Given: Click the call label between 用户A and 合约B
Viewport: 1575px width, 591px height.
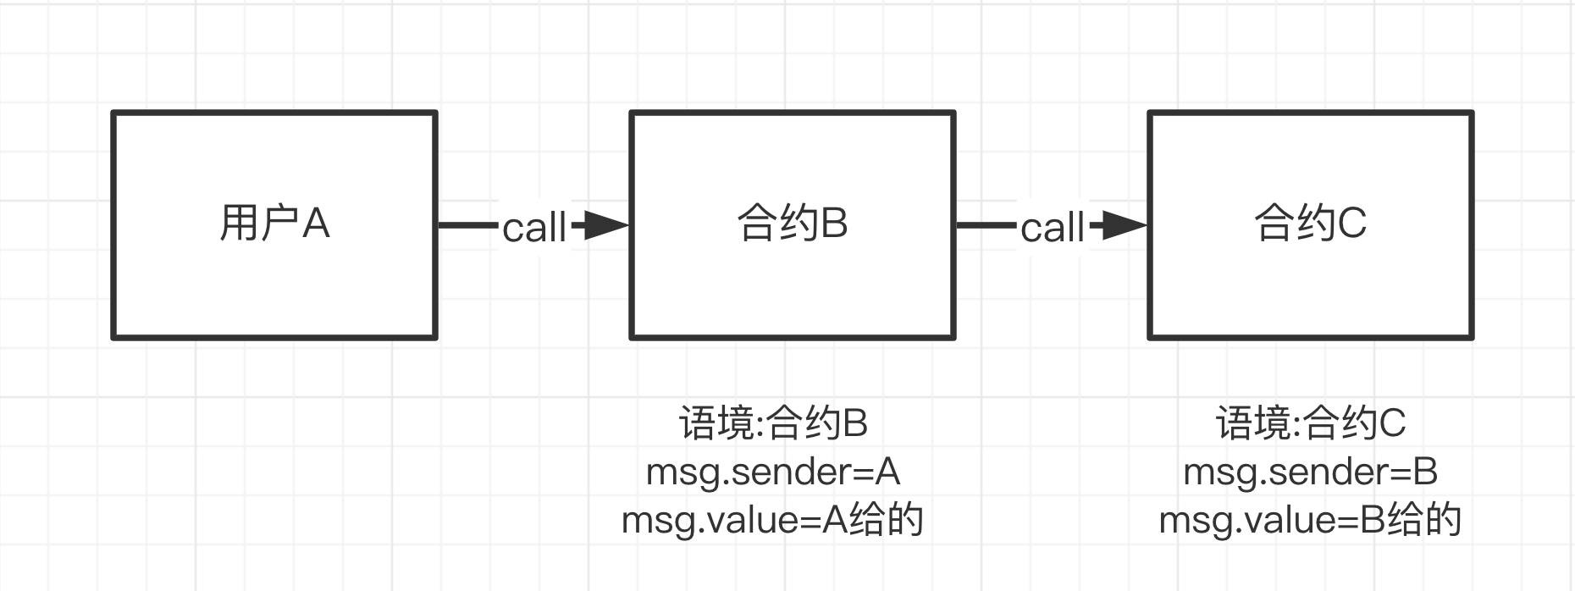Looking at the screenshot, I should pyautogui.click(x=533, y=228).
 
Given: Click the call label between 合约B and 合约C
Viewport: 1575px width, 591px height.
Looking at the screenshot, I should pyautogui.click(x=1052, y=228).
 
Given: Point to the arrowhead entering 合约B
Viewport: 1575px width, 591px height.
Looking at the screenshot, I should pyautogui.click(x=606, y=225).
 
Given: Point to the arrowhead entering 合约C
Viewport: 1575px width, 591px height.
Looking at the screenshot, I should pyautogui.click(x=1125, y=225).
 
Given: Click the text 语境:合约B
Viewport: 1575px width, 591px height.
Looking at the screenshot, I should pyautogui.click(x=773, y=423).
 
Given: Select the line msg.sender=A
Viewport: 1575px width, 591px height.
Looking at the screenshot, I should pyautogui.click(x=772, y=472).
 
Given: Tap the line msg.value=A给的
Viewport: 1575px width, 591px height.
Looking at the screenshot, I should pyautogui.click(x=772, y=520).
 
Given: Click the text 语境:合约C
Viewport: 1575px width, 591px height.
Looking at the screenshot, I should pyautogui.click(x=1311, y=423).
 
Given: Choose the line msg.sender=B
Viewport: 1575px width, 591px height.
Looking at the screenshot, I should pyautogui.click(x=1310, y=472).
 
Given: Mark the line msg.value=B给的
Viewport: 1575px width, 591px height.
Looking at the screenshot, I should pyautogui.click(x=1310, y=520).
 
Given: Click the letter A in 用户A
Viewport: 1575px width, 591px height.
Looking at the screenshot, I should pyautogui.click(x=316, y=224).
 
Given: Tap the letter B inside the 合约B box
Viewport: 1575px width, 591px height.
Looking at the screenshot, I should pyautogui.click(x=834, y=224).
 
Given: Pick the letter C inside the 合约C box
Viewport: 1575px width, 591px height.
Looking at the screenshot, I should pyautogui.click(x=1352, y=224).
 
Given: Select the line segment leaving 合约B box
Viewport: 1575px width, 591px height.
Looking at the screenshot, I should pyautogui.click(x=986, y=225).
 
